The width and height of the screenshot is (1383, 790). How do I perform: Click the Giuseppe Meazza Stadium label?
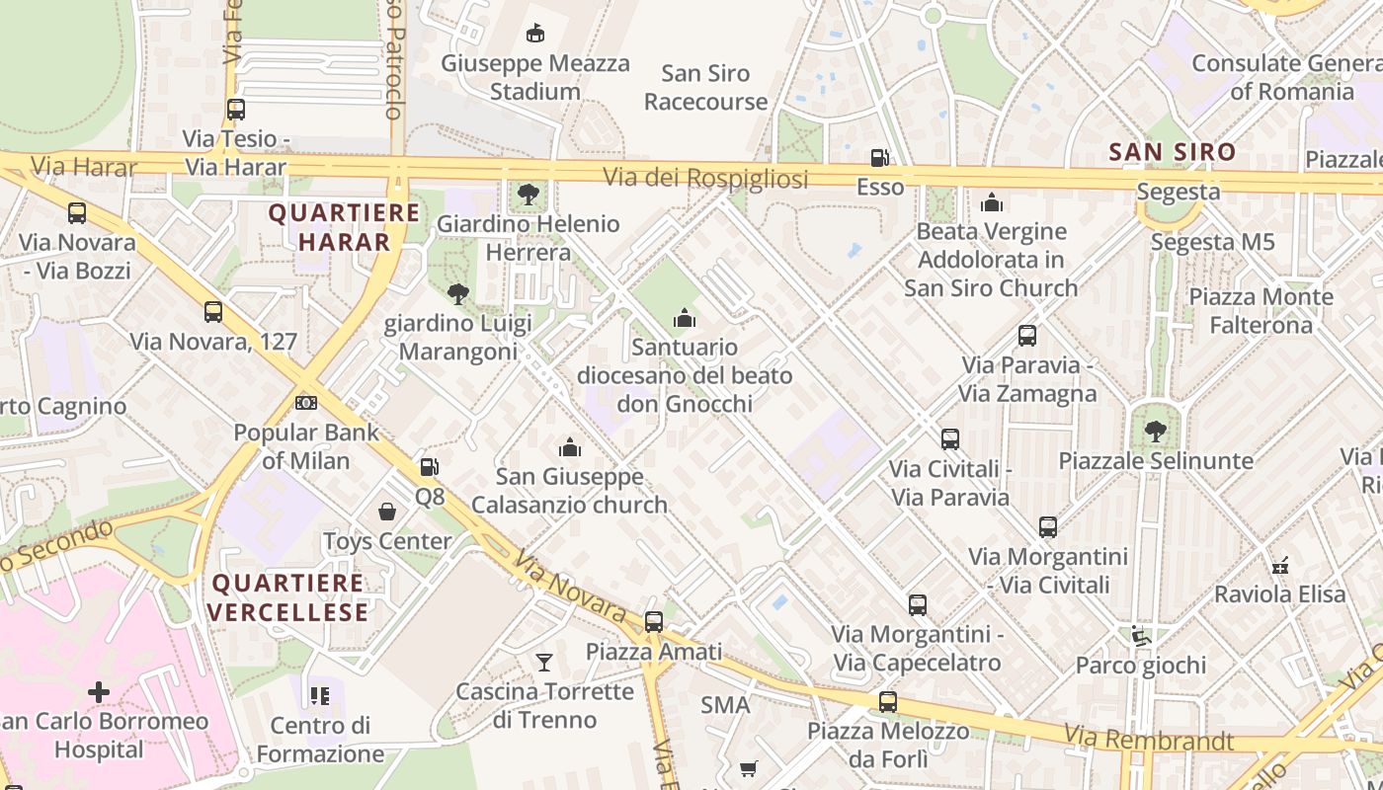tap(534, 77)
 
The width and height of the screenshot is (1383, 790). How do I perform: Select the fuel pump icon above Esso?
tap(879, 158)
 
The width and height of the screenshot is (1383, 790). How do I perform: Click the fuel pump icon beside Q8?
tap(429, 467)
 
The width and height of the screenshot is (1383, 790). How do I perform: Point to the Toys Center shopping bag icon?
tap(387, 512)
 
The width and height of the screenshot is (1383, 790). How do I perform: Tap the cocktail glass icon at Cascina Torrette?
tap(543, 662)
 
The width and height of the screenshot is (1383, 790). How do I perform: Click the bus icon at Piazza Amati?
tap(653, 622)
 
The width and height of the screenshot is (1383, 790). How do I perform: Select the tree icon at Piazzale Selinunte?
tap(1155, 432)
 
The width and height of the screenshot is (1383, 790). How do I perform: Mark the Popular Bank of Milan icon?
tap(306, 403)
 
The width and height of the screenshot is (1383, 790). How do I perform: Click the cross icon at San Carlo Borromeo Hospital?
tap(99, 692)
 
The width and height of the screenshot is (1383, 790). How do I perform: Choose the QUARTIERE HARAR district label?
tap(344, 227)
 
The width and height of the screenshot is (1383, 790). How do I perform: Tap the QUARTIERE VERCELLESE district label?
tap(288, 597)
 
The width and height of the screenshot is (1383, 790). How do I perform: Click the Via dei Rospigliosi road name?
tap(705, 178)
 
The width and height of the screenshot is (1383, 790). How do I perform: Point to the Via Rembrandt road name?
tap(1149, 738)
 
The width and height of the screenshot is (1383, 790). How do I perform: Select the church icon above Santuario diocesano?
tap(684, 318)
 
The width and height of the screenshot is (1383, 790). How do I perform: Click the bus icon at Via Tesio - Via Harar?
tap(235, 110)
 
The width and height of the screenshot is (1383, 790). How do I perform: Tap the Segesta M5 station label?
tap(1213, 242)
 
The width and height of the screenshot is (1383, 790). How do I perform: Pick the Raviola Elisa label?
tap(1279, 594)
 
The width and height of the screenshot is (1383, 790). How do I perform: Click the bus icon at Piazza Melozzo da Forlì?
tap(888, 702)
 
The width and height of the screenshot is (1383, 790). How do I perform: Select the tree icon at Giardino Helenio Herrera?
tap(529, 195)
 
